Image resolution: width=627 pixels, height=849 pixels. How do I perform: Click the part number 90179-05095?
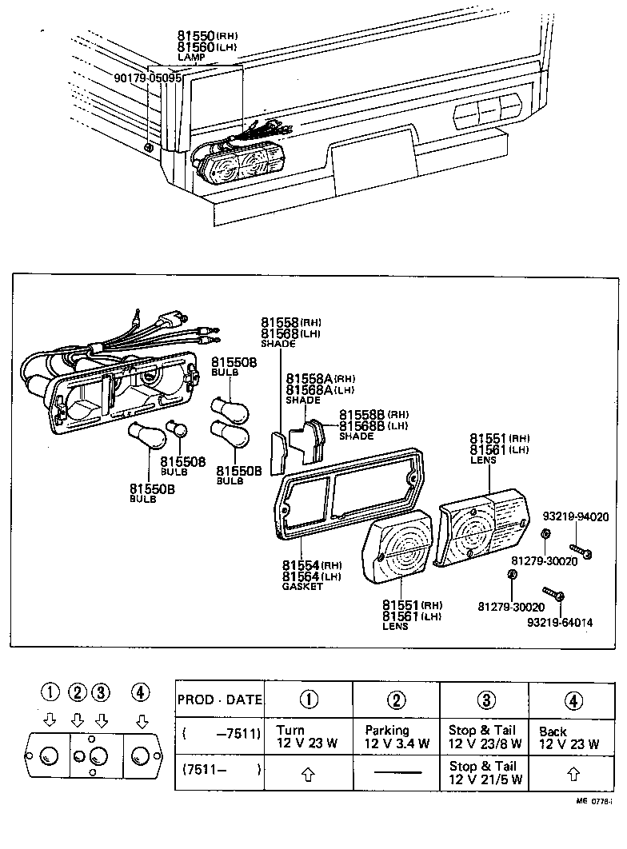pos(149,79)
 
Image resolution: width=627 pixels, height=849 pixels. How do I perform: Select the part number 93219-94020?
pos(576,516)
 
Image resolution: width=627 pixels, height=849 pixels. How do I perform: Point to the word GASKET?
pos(302,587)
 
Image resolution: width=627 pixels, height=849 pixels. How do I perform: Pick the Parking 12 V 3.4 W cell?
pos(397,736)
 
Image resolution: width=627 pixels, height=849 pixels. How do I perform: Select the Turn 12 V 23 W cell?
pos(308,736)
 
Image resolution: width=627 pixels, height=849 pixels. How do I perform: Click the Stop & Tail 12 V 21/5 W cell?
pos(485,773)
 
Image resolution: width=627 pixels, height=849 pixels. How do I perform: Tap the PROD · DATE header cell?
pos(219,700)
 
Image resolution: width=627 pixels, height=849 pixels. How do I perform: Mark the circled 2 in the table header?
pos(397,700)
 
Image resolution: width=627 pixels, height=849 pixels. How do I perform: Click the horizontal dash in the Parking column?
pos(397,773)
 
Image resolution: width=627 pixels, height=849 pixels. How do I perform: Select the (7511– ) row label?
pos(219,770)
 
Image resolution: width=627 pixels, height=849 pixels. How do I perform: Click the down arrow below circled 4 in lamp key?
pos(141,722)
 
